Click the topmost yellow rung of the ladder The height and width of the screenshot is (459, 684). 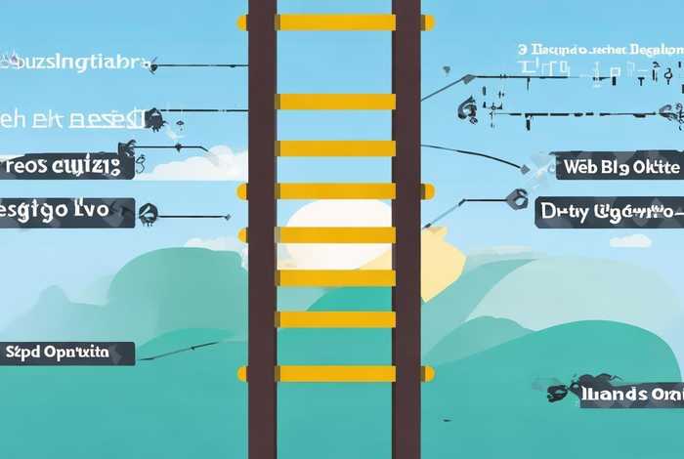point(335,21)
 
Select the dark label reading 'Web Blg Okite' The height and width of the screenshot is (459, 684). point(618,166)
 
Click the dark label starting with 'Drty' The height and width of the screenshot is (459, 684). point(609,211)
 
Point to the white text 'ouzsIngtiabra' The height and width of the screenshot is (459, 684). point(76,63)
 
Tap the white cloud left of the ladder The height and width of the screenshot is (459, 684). point(200,163)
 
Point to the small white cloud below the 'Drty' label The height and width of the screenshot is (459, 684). point(630,240)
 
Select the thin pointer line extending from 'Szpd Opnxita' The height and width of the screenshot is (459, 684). point(186,347)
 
